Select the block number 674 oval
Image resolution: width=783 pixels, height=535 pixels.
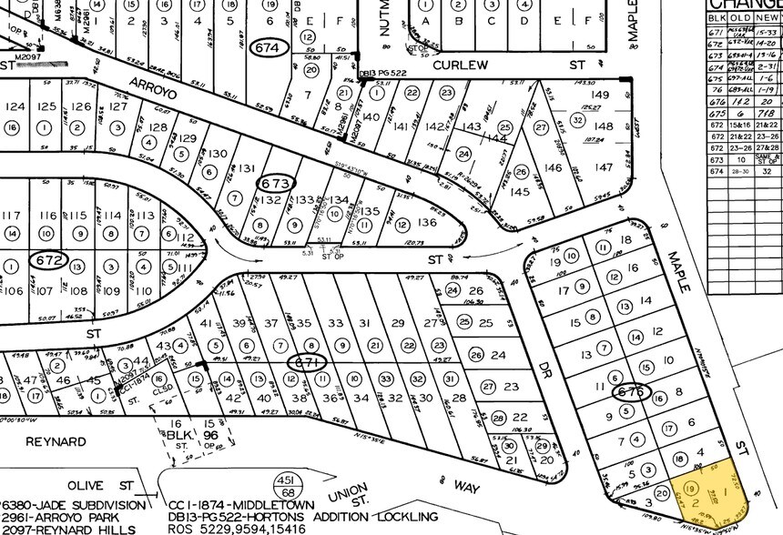tap(271, 46)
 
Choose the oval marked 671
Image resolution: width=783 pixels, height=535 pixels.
tap(303, 362)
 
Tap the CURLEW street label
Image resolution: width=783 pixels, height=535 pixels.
tap(462, 66)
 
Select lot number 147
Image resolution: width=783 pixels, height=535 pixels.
tap(602, 167)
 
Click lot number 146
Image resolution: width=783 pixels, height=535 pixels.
tap(554, 167)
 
